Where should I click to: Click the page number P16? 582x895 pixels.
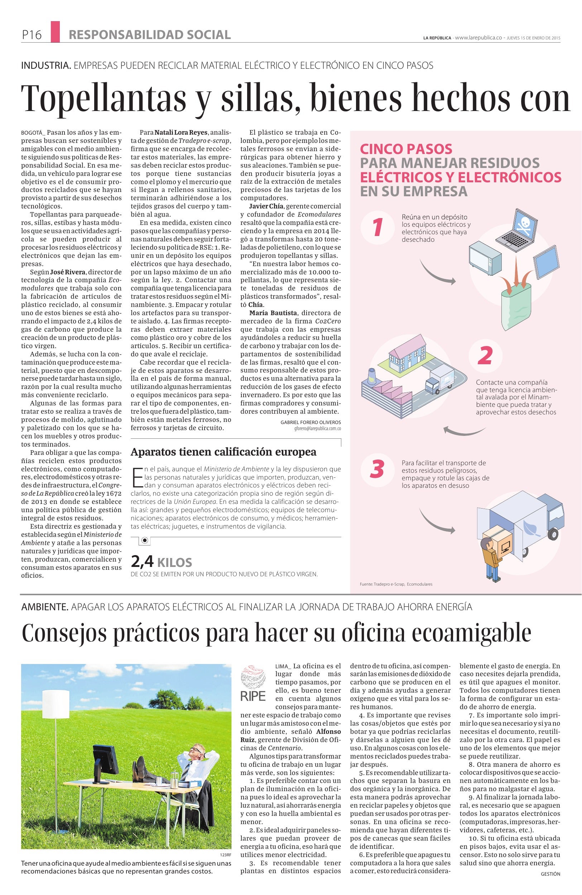click(x=31, y=35)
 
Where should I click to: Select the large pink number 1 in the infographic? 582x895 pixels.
click(x=377, y=227)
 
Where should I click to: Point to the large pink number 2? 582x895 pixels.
click(x=485, y=355)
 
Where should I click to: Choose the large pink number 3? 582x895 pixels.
click(x=377, y=469)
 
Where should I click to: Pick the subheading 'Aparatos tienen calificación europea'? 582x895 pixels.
click(x=223, y=452)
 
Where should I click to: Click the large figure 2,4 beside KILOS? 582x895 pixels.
click(x=142, y=562)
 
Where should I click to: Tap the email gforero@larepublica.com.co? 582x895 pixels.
click(x=317, y=428)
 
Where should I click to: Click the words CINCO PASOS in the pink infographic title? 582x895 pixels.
click(x=406, y=149)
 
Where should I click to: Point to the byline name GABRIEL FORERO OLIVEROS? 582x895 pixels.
click(x=311, y=422)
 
